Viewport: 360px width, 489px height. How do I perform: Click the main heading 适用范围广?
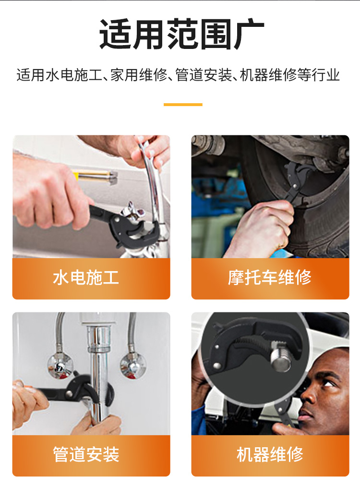pos(181,34)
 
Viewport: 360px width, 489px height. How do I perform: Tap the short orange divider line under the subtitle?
pos(183,105)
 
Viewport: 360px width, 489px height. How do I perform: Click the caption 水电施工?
pos(86,277)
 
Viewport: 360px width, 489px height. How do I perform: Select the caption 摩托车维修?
pos(270,277)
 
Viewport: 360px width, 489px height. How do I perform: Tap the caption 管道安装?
pos(86,454)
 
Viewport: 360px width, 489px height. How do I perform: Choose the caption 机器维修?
pos(270,454)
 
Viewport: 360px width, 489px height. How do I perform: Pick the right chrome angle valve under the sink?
pos(133,366)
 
